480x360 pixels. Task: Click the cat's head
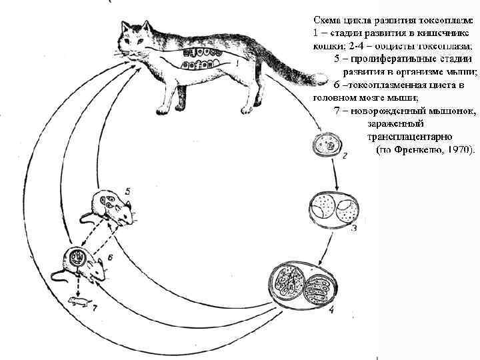137,37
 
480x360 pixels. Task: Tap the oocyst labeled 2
328,144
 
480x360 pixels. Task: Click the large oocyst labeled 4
303,285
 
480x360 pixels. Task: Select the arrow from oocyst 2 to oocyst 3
336,175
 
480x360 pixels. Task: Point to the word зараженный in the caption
395,123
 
